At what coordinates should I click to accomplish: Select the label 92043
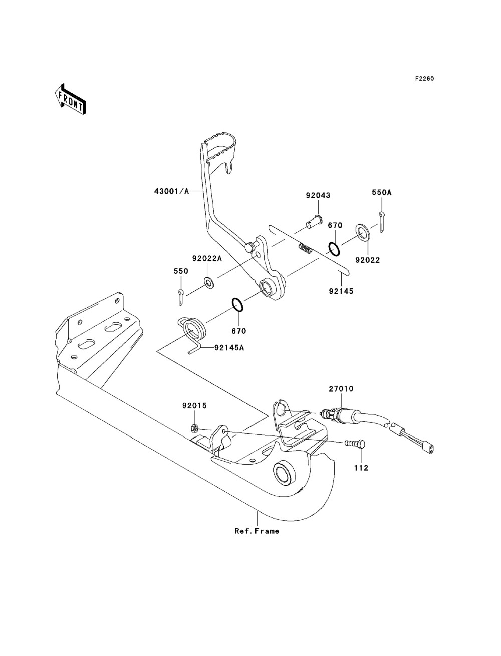pos(318,195)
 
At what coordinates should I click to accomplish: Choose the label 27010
pos(341,388)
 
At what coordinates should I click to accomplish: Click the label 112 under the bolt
pos(361,468)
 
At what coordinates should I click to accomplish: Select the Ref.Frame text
pos(257,531)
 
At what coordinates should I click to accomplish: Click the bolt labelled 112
pos(355,444)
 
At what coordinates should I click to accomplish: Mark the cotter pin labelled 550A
pos(382,221)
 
